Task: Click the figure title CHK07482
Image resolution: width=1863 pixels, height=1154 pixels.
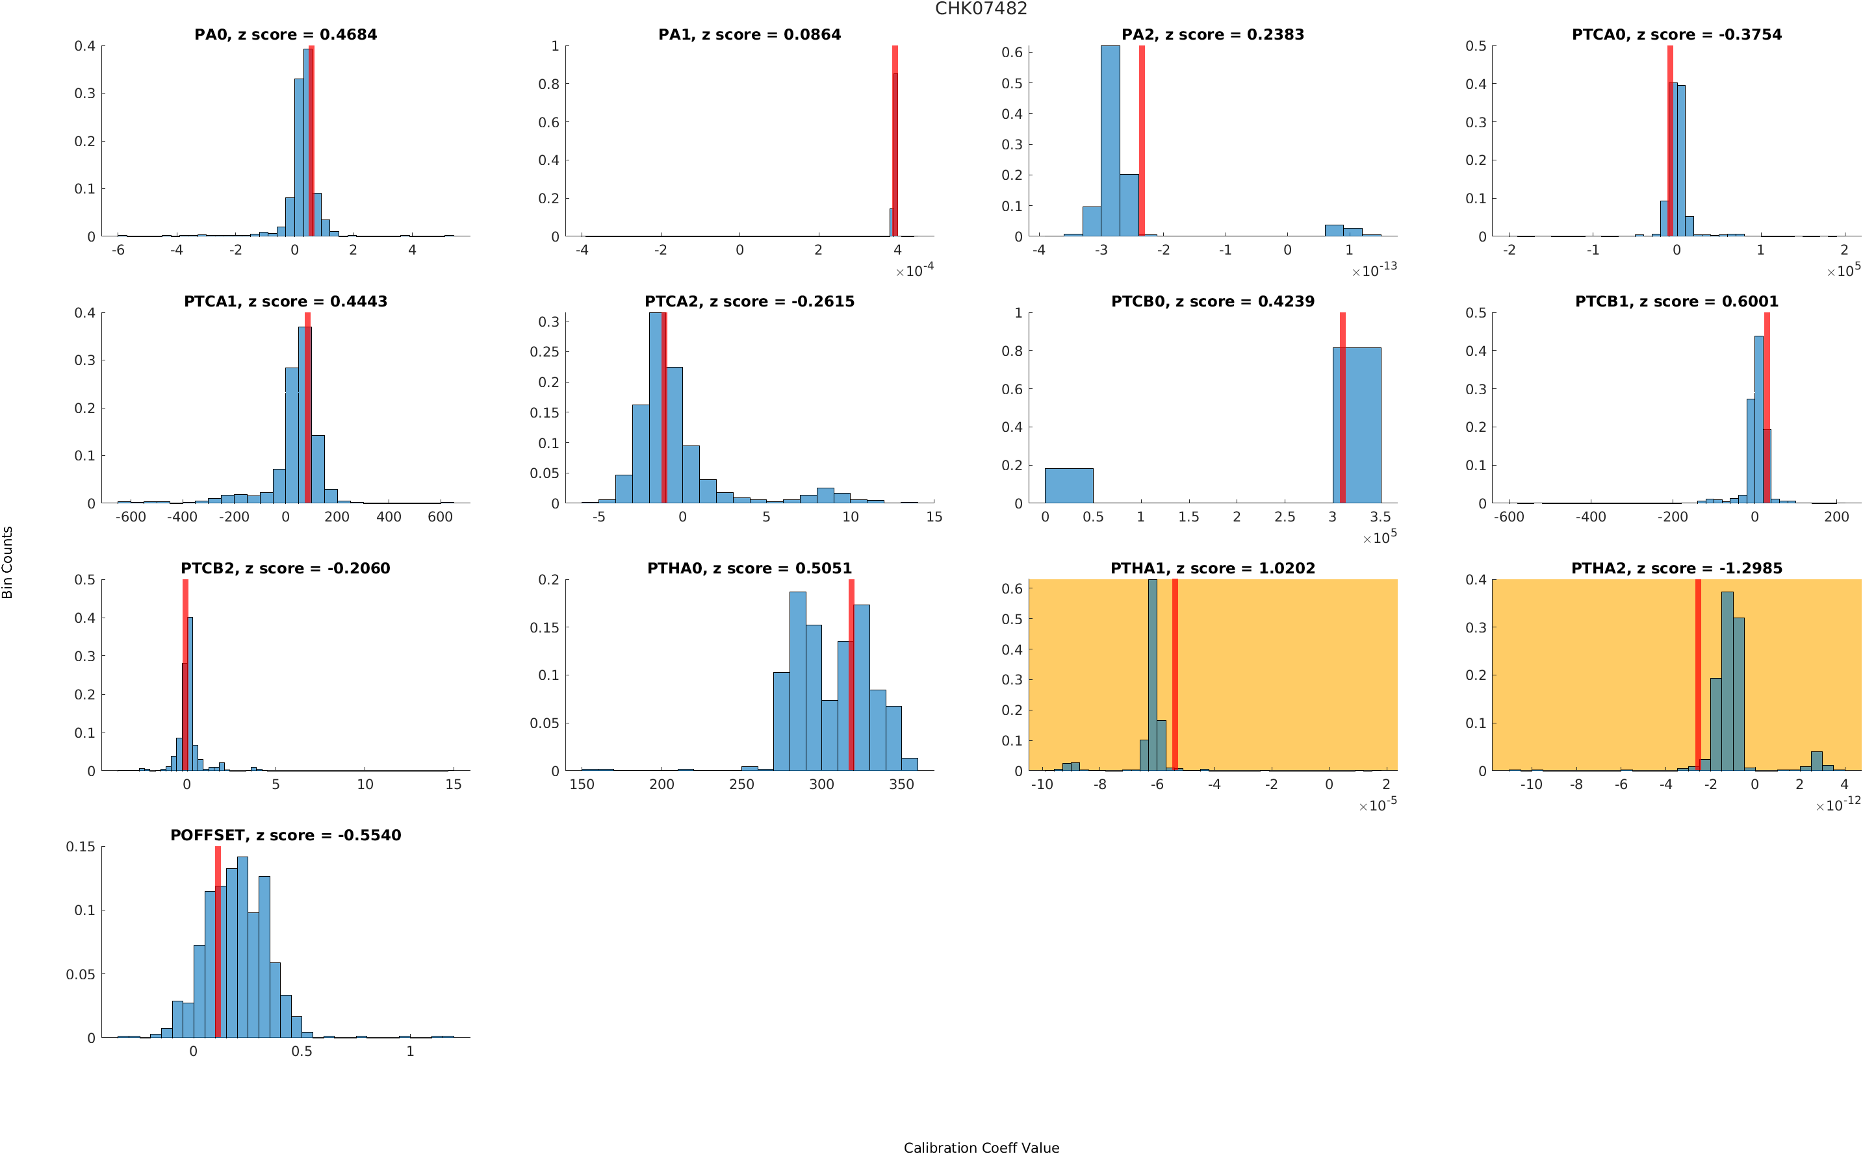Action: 981,8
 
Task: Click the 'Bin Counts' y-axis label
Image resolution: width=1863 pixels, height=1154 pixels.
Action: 8,562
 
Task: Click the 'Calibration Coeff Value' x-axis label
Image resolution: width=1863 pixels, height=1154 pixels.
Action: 981,1146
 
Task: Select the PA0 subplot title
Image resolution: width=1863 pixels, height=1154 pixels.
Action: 285,34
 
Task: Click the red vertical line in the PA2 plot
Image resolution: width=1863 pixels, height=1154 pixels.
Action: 1142,141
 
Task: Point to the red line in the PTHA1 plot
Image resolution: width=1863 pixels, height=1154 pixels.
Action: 1174,675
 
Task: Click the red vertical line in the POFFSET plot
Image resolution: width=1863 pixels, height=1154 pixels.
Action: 218,942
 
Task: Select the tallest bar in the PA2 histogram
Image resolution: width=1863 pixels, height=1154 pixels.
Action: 1110,141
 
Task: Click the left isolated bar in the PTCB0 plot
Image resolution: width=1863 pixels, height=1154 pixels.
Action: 1068,485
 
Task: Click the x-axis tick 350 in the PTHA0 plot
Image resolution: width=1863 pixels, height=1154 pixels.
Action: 901,784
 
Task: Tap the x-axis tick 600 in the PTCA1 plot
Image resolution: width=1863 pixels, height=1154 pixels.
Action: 440,517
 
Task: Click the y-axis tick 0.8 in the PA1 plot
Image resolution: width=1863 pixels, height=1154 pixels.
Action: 548,84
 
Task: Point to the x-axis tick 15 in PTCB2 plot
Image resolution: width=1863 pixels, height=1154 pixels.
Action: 454,784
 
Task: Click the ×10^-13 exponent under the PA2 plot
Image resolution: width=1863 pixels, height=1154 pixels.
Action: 1374,270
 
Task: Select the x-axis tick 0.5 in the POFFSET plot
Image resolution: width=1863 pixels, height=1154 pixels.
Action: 302,1051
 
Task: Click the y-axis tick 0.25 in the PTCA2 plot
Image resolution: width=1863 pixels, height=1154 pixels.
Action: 544,352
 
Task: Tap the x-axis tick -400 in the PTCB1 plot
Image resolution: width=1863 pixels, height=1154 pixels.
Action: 1591,517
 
